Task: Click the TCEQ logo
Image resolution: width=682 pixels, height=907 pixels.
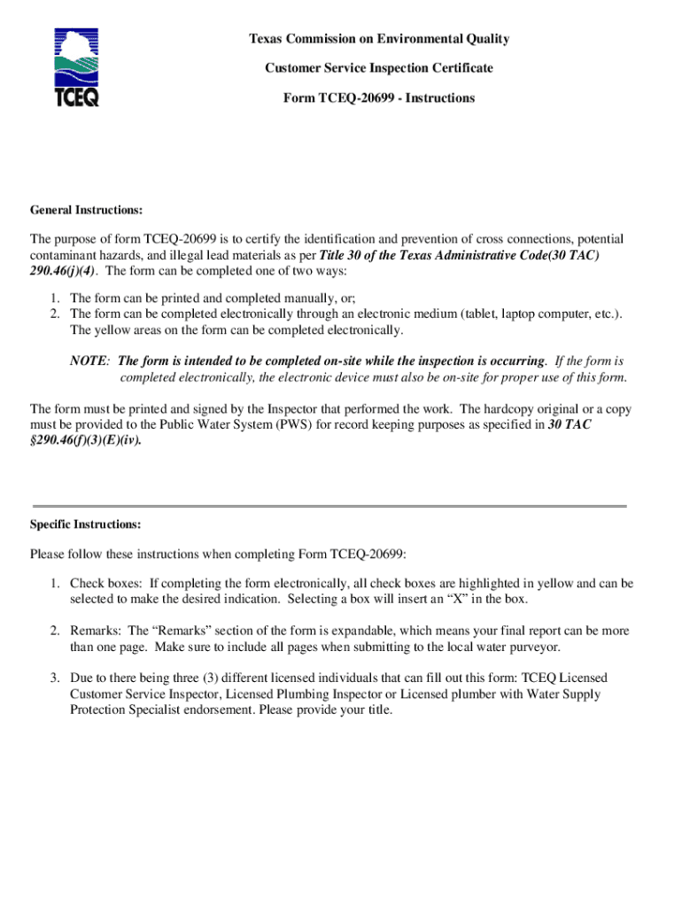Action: pos(77,66)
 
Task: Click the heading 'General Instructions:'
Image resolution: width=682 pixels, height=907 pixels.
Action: pos(87,210)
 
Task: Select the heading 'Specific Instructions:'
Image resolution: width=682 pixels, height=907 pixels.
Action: pos(86,524)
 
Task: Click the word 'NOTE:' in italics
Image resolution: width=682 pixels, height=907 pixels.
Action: pos(90,361)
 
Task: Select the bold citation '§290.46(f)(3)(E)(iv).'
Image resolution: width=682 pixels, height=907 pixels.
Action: pos(85,440)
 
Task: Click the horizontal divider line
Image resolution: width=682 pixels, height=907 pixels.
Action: pos(329,506)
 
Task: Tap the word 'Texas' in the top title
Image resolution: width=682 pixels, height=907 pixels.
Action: pos(267,39)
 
